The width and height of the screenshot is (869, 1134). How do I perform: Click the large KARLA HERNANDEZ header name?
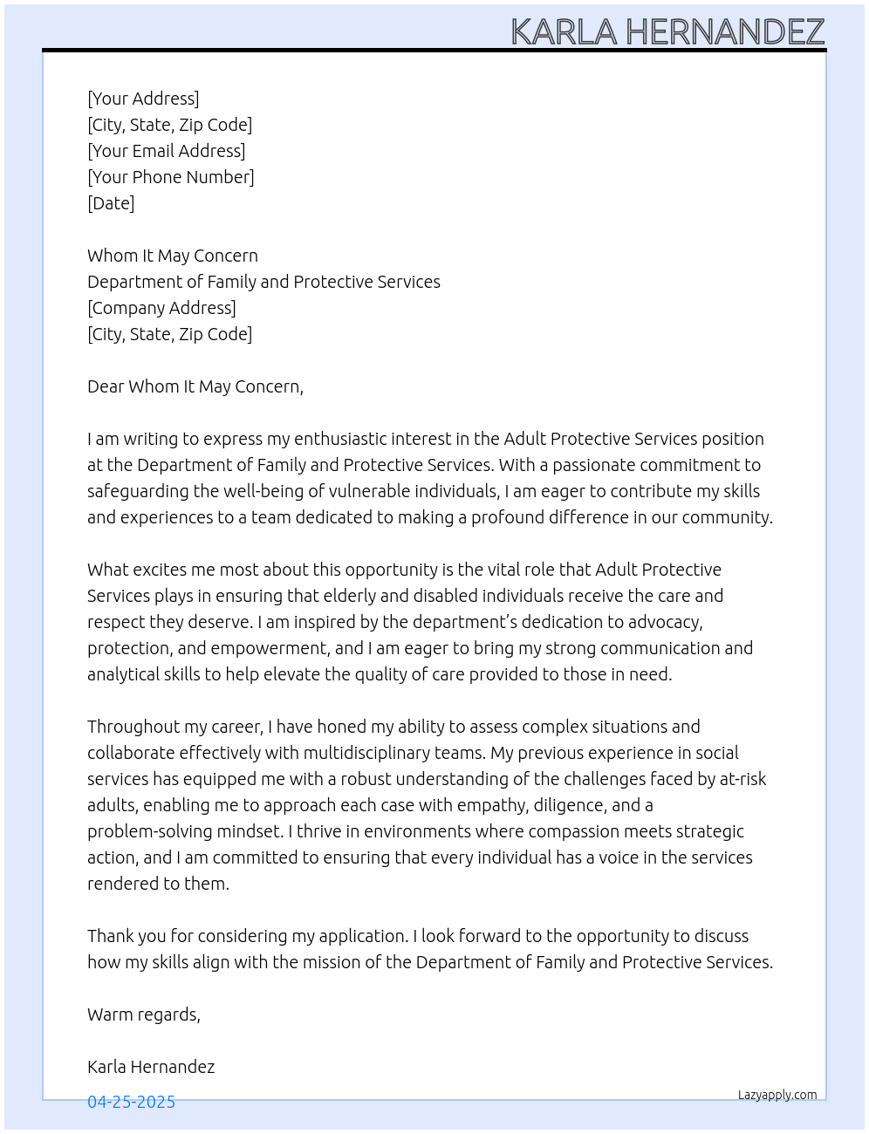click(x=667, y=31)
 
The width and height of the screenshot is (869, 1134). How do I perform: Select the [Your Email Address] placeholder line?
click(x=166, y=151)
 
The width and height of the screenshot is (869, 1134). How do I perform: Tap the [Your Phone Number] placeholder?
click(x=171, y=177)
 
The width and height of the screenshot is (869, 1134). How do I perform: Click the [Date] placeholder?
click(x=111, y=203)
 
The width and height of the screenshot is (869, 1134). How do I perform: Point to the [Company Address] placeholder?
click(x=161, y=308)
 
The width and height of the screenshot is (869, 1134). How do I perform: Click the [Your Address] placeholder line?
click(x=143, y=99)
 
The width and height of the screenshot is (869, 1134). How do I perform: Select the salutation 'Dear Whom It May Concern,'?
click(x=195, y=386)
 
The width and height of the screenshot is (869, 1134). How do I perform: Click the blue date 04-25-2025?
click(x=131, y=1102)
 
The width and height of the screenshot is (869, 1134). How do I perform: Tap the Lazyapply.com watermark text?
click(x=777, y=1095)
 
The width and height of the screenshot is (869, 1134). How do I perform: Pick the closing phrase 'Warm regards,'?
click(x=144, y=1014)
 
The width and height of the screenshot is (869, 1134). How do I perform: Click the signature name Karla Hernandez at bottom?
click(x=151, y=1067)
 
